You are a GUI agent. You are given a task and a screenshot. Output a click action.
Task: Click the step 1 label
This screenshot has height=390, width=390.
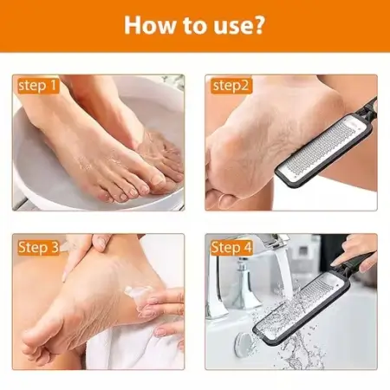pyautogui.click(x=37, y=86)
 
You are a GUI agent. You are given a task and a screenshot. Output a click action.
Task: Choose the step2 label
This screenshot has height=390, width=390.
pyautogui.click(x=230, y=86)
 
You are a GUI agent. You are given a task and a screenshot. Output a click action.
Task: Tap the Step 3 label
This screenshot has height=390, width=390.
pyautogui.click(x=38, y=248)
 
